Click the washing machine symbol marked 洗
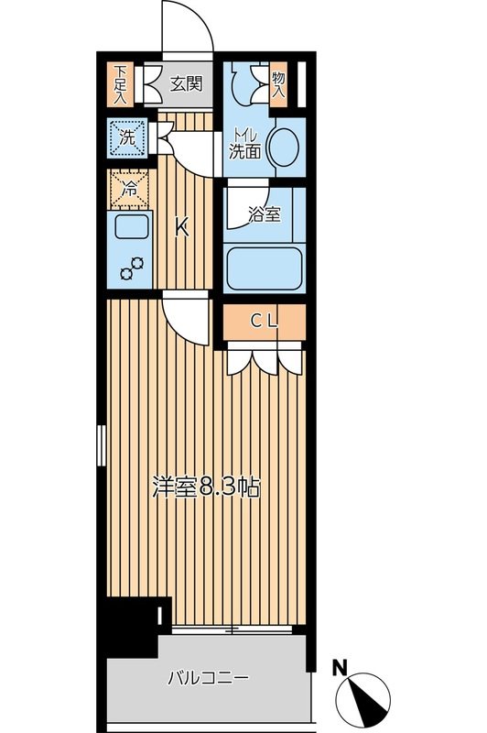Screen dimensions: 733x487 click(127, 138)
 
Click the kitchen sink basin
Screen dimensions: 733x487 click(128, 230)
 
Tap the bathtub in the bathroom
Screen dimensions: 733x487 click(264, 268)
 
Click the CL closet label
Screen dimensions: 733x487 click(265, 322)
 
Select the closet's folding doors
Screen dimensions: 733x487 click(264, 358)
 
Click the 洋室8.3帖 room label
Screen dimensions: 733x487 click(206, 487)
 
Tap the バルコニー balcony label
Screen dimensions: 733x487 click(207, 679)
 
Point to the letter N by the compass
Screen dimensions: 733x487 click(340, 668)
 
